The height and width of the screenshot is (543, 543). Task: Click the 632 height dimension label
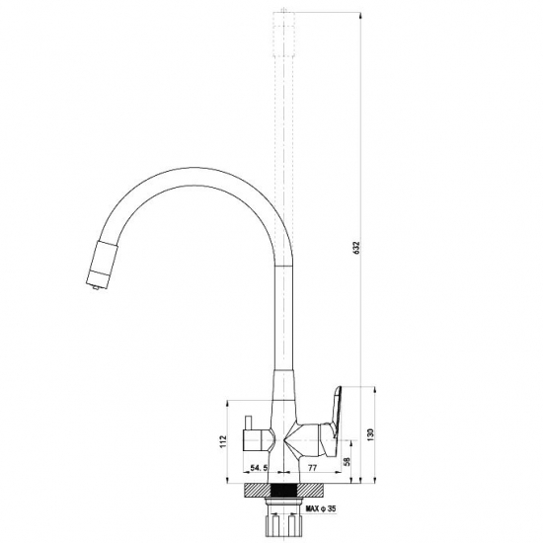click(356, 248)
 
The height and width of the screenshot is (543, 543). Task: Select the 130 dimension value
click(370, 434)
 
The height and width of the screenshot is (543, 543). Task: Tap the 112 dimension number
click(223, 441)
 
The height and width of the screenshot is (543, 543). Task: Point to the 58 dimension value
click(347, 461)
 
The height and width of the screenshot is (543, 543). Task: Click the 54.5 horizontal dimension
click(259, 468)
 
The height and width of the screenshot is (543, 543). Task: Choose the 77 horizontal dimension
click(312, 468)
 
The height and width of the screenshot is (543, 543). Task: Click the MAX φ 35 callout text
click(321, 508)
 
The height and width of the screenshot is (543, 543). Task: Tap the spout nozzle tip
click(97, 286)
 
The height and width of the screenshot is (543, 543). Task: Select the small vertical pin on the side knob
click(248, 423)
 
